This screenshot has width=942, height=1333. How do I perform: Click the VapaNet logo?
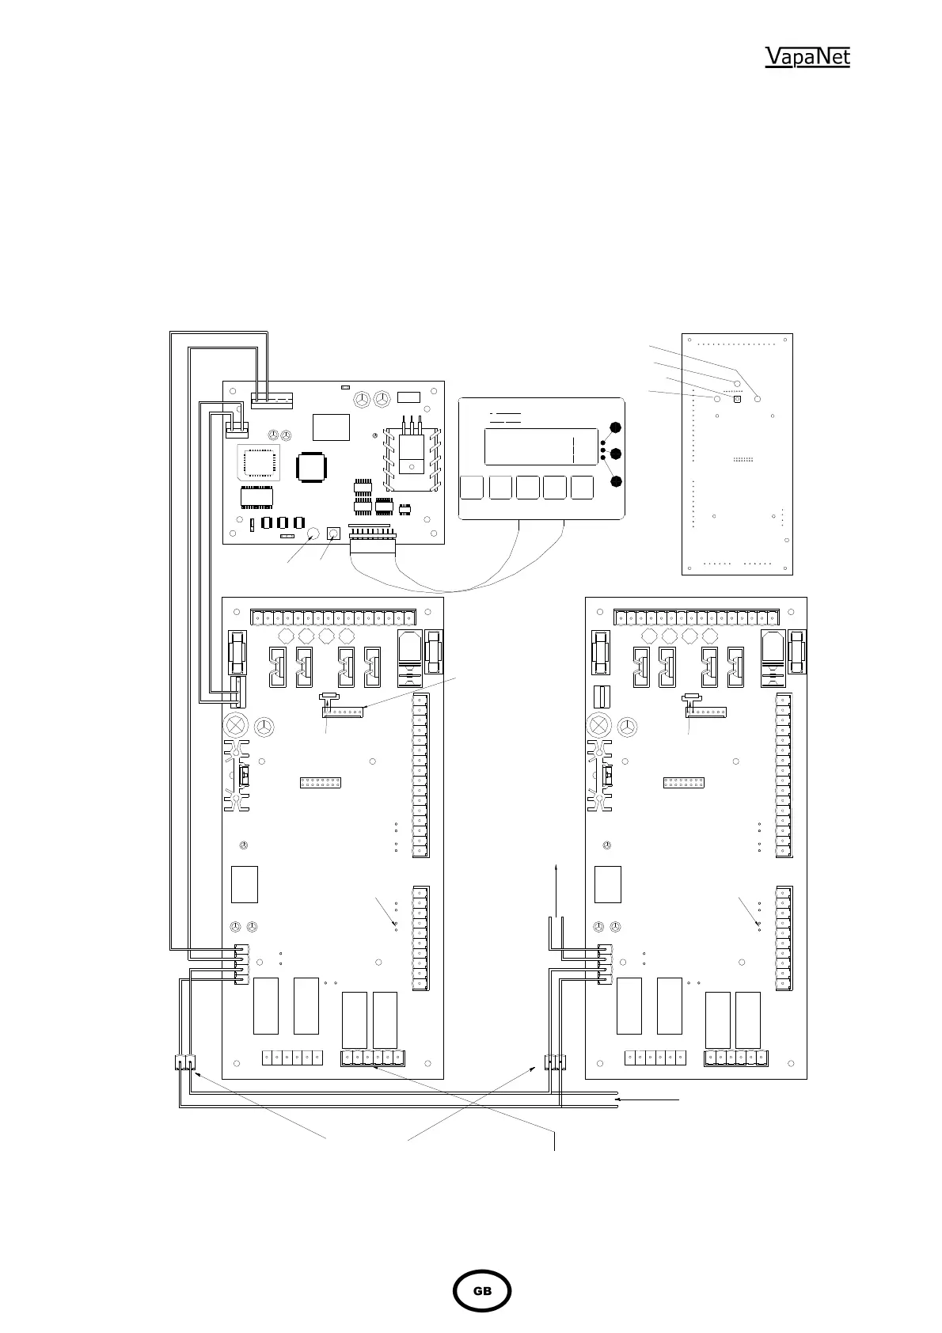(x=807, y=56)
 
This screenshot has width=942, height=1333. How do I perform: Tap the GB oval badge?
(x=481, y=1291)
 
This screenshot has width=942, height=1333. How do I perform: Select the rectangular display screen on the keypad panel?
(x=541, y=446)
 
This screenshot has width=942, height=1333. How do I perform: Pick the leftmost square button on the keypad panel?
(x=472, y=488)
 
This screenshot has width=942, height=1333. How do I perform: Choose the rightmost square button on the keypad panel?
(x=582, y=488)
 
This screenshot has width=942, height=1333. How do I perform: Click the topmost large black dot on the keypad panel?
(x=616, y=427)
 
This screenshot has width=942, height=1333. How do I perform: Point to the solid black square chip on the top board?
(x=310, y=467)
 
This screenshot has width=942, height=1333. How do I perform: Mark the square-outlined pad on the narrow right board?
(x=737, y=399)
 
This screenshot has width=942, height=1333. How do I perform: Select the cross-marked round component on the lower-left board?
(x=236, y=726)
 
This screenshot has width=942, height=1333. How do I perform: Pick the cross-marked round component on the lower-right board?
(x=598, y=726)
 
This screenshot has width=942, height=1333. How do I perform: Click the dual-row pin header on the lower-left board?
(x=320, y=783)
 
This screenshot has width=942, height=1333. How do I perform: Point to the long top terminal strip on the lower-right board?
(x=697, y=617)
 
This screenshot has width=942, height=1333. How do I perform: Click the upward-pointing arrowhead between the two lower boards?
(x=556, y=867)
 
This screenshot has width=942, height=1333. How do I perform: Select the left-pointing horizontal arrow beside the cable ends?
(x=647, y=1099)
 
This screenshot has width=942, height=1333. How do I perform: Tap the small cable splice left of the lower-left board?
(x=185, y=1062)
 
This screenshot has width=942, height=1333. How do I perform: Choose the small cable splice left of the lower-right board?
(x=555, y=1062)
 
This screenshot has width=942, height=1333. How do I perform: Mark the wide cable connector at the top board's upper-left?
(x=272, y=401)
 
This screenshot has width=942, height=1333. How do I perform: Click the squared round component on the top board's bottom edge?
(x=333, y=534)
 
